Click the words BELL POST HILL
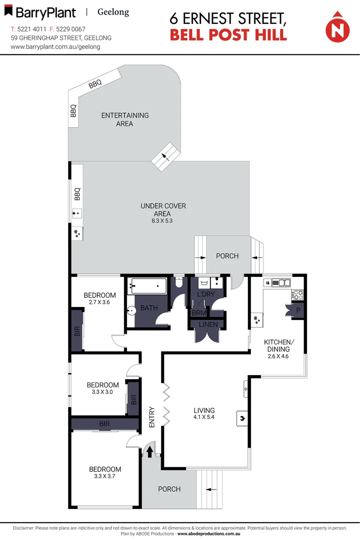point(228,35)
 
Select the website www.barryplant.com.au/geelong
point(55,46)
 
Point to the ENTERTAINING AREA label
point(125,119)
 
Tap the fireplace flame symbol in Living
point(240,418)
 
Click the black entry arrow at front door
point(149,451)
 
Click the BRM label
point(198,313)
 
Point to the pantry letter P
point(298,310)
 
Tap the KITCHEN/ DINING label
point(278,345)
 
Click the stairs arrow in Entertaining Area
point(165,156)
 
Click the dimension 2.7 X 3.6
point(99,302)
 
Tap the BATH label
point(149,308)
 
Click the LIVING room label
point(204,410)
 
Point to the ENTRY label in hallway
point(152,416)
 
